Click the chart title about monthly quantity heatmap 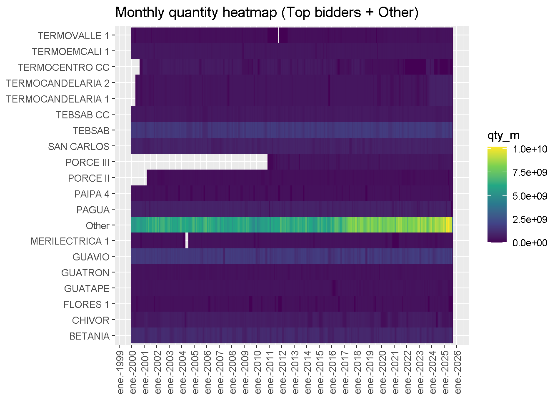tap(267, 12)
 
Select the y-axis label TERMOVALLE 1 tap(73, 36)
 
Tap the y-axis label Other tap(97, 226)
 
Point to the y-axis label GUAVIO tap(91, 257)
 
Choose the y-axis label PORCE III tap(87, 162)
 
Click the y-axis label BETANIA tap(89, 336)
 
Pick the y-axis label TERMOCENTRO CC tap(63, 67)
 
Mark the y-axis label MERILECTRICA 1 tap(70, 241)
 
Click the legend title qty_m tap(503, 136)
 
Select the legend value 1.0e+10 tap(530, 149)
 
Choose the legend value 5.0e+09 tap(530, 196)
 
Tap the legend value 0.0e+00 tap(530, 243)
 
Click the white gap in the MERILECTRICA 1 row tap(187, 241)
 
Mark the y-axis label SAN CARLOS tap(79, 147)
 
